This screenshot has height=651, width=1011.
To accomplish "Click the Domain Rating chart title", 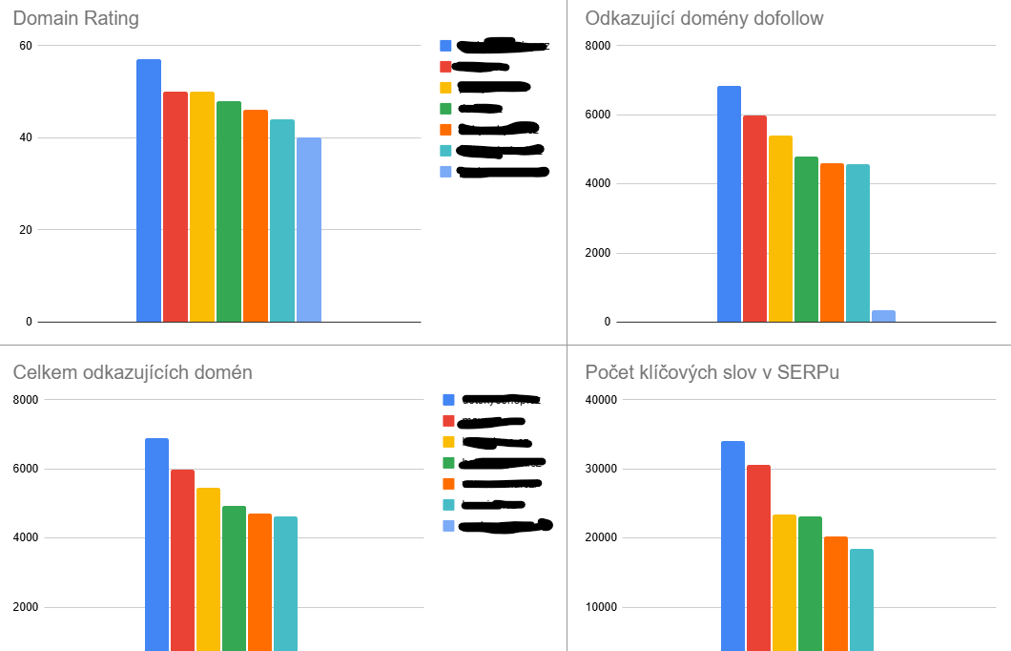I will click(75, 18).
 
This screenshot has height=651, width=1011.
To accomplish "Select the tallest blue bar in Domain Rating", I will click(149, 191).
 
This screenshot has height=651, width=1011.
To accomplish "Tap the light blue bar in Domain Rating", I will click(309, 229).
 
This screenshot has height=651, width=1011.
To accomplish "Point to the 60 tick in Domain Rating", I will click(25, 46).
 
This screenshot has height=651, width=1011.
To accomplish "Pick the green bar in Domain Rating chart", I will click(229, 211).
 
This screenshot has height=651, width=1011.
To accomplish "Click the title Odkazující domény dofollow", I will click(704, 18).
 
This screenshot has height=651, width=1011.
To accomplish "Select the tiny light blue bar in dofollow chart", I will click(883, 316).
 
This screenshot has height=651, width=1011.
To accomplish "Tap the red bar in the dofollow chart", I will click(754, 219).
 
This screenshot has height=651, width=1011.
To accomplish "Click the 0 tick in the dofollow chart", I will click(607, 323).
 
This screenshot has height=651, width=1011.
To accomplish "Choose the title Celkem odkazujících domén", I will click(133, 372).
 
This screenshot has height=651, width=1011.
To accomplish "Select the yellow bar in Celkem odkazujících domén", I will click(208, 569).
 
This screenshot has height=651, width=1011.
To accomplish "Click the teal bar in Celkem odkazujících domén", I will click(285, 583).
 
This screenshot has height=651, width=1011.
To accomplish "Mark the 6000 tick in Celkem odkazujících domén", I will click(25, 470).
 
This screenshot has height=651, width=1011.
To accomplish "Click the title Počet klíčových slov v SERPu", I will click(712, 372).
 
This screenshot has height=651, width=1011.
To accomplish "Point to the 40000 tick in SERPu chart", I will click(601, 400).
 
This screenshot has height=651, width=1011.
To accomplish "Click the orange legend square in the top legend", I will click(445, 129).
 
